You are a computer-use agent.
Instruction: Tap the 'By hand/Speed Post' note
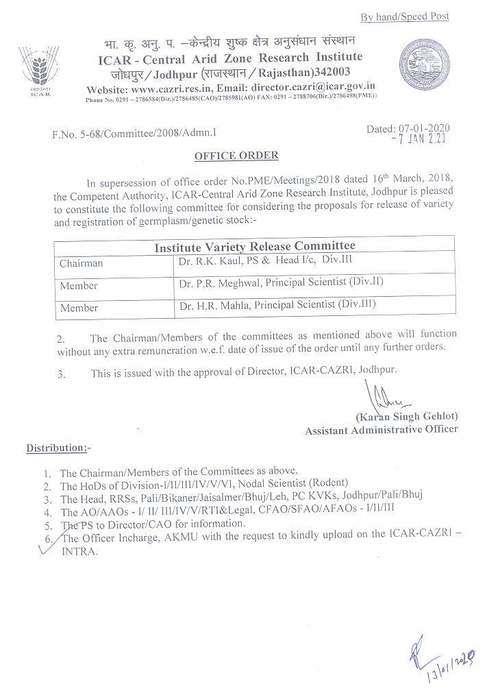click(x=405, y=16)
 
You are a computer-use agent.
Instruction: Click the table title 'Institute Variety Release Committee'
click(x=254, y=246)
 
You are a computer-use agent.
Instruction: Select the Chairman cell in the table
click(x=82, y=263)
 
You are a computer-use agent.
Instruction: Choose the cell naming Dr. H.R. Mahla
click(x=277, y=304)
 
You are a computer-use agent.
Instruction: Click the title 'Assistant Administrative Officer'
click(x=382, y=430)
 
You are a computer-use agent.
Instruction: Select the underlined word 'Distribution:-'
click(x=58, y=448)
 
